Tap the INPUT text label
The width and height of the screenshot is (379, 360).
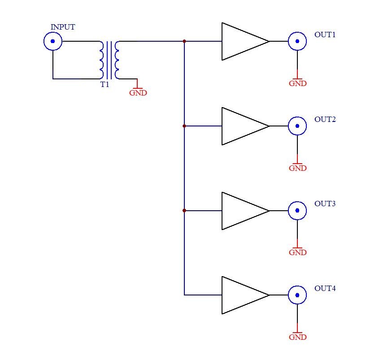(x=63, y=27)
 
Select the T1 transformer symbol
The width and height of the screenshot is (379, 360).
(x=109, y=60)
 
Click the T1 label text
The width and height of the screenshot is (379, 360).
(x=105, y=85)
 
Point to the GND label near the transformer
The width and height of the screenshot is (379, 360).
(x=138, y=93)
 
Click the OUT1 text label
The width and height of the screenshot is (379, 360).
(x=325, y=35)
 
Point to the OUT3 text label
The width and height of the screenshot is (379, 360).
(x=325, y=204)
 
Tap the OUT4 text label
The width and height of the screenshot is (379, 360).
(x=325, y=288)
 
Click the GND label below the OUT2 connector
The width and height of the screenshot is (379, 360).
(x=298, y=168)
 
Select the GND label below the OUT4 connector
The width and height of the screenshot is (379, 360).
(x=298, y=337)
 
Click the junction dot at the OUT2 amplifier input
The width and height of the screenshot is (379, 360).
(x=184, y=126)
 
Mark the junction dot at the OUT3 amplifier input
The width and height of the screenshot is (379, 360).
(x=184, y=211)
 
